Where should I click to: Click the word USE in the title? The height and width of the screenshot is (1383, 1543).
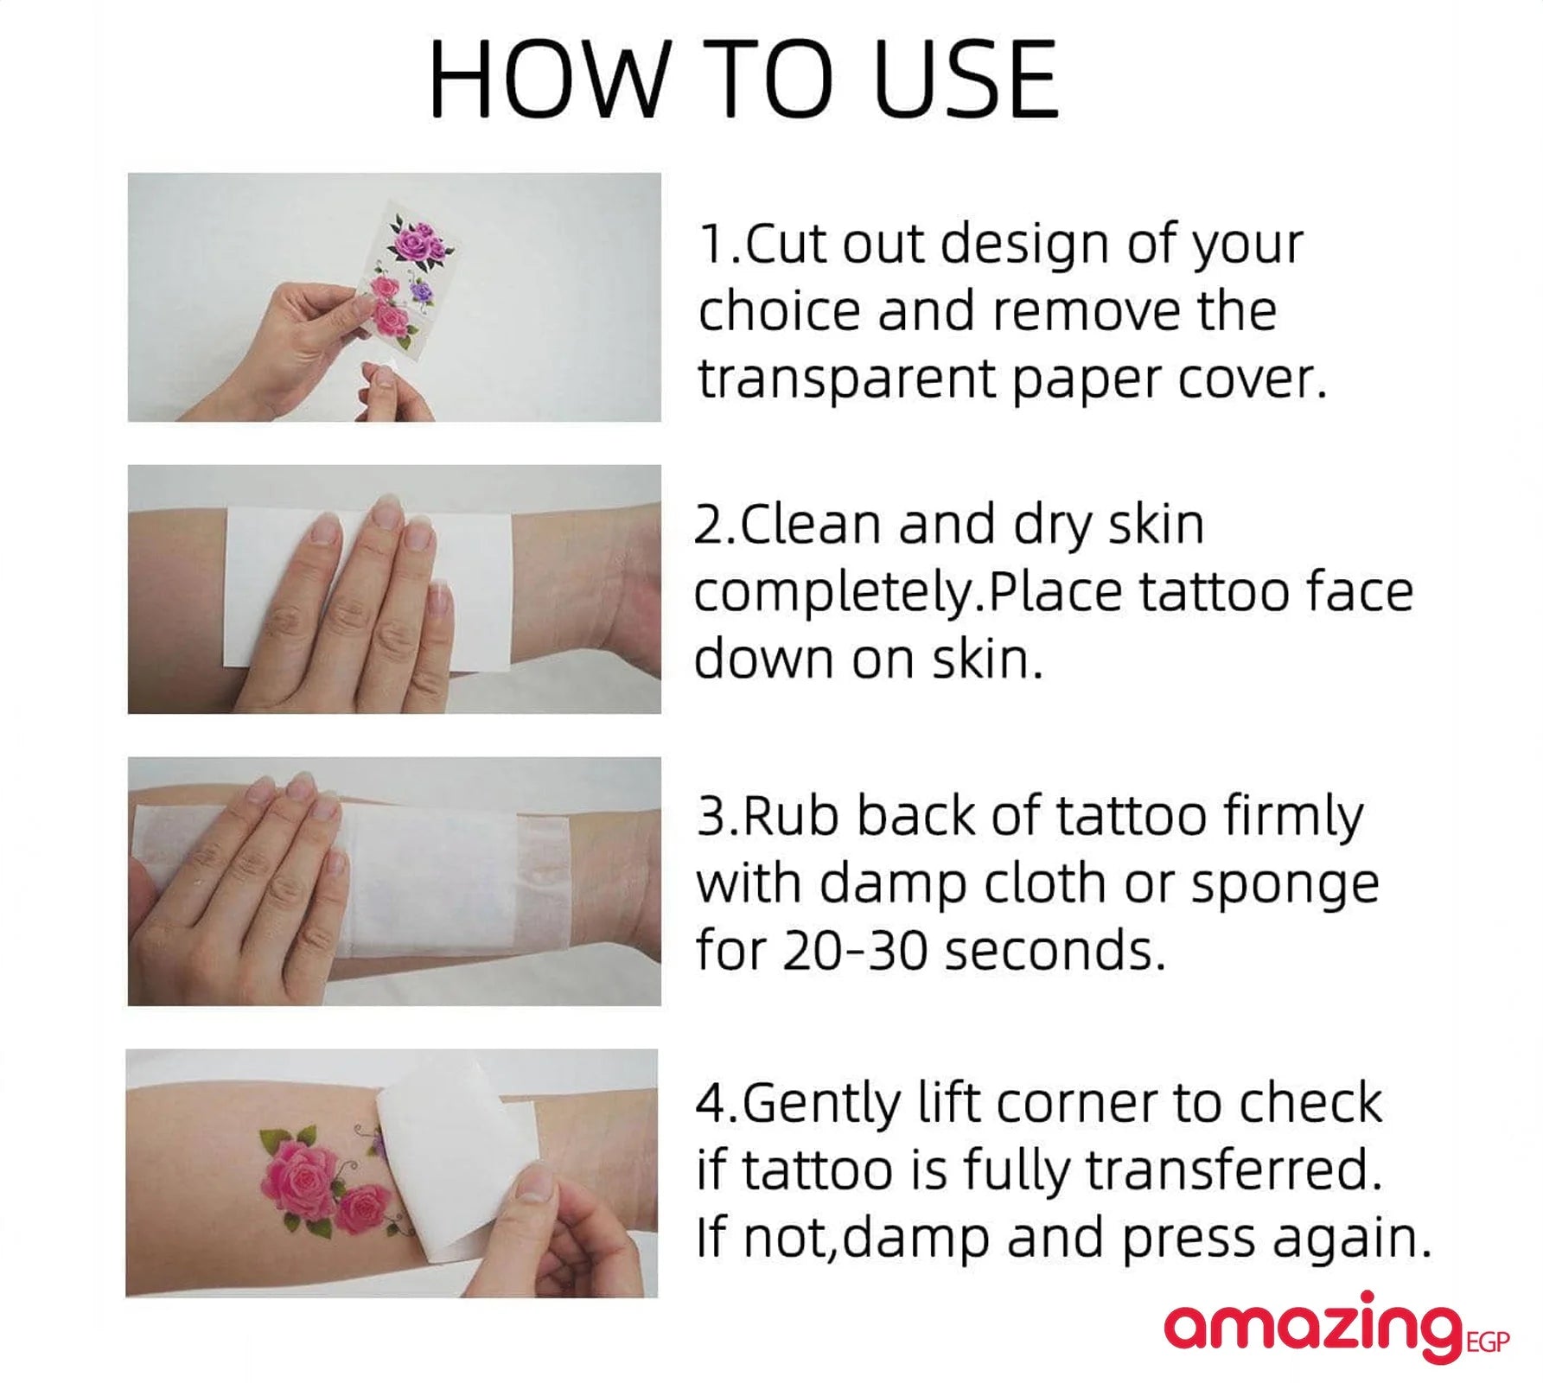pyautogui.click(x=966, y=79)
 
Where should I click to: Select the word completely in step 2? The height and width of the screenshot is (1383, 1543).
pyautogui.click(x=835, y=594)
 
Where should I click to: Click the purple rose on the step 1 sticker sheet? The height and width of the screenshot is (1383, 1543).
pyautogui.click(x=421, y=291)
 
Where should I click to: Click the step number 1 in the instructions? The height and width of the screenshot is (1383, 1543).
pyautogui.click(x=714, y=245)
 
